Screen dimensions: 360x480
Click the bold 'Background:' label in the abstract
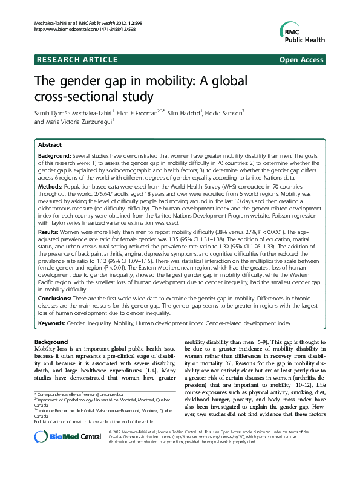tap(59, 156)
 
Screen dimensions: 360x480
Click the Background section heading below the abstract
tap(51, 342)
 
